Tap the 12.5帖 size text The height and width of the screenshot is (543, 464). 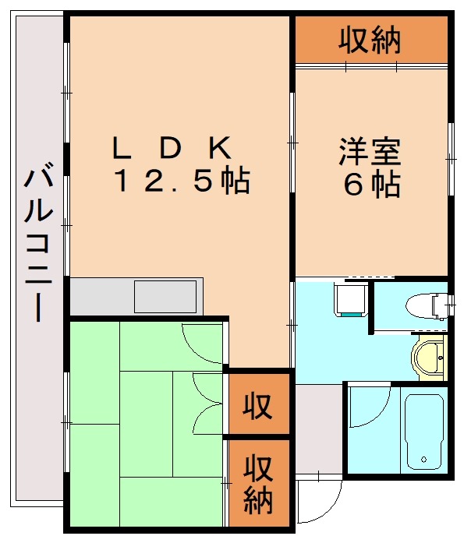(181, 182)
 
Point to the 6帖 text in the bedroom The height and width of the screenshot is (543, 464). (371, 185)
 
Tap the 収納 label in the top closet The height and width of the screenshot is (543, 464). (370, 39)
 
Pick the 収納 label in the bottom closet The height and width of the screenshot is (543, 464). (257, 483)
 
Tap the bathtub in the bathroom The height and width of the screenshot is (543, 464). (423, 432)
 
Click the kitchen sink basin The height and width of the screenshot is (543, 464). (165, 297)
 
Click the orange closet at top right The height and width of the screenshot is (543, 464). (370, 39)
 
